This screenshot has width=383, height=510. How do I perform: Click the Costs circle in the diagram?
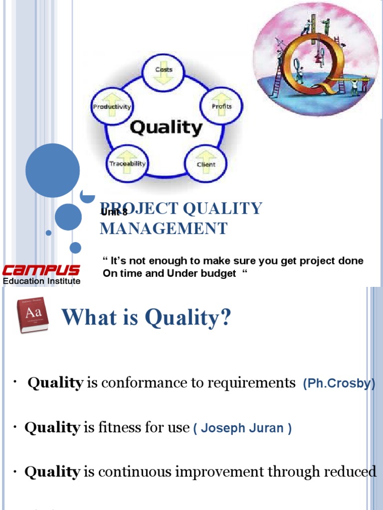[164, 72]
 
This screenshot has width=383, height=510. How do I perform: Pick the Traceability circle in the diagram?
[127, 163]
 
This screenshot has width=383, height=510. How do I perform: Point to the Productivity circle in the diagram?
[112, 106]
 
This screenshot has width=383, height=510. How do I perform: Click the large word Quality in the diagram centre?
[166, 127]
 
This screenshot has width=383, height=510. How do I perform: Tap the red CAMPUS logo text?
[41, 270]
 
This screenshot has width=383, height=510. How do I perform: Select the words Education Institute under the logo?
[41, 281]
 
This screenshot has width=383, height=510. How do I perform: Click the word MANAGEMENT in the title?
[164, 229]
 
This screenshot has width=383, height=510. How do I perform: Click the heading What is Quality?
[146, 318]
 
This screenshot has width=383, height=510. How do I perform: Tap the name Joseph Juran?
[242, 428]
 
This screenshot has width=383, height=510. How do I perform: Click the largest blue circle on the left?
[52, 170]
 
